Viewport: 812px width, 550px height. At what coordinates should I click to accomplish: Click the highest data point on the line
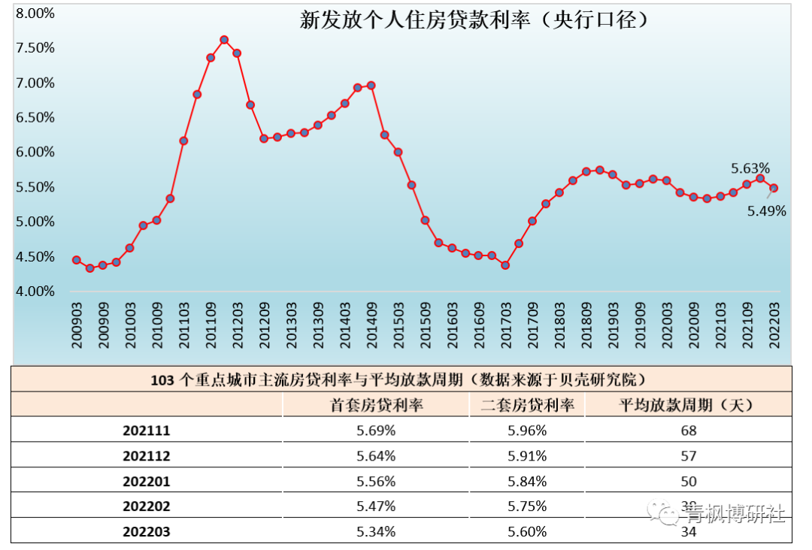point(224,40)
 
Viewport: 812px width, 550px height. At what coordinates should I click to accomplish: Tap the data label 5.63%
point(750,168)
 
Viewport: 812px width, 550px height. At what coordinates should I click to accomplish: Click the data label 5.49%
point(766,212)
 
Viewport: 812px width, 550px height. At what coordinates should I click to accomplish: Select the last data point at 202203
point(774,189)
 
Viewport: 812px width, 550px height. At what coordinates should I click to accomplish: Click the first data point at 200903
point(77,260)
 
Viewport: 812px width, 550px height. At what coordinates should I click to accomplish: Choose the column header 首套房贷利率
point(377,405)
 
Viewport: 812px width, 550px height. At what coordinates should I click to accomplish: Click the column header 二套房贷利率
point(527,405)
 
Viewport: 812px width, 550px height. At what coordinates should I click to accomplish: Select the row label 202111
point(147,431)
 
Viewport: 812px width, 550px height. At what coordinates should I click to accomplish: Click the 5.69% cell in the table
point(377,431)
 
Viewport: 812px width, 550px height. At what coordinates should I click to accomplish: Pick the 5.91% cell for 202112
point(527,456)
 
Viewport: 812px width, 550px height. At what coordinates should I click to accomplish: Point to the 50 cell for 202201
point(689,482)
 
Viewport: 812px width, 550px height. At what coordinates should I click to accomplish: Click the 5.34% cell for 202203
point(377,532)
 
